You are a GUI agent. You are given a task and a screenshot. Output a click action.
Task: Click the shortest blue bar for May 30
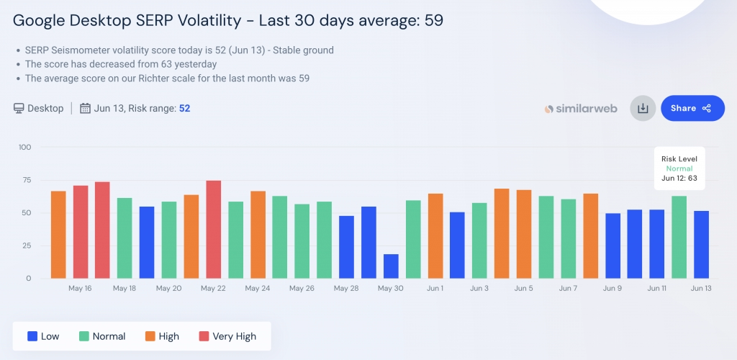tap(391, 266)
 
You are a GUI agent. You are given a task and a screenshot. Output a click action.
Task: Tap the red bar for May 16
tap(81, 232)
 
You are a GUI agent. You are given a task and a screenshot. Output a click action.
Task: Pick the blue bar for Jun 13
tap(701, 244)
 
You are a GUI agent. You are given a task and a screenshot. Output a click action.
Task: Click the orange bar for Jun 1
tap(435, 235)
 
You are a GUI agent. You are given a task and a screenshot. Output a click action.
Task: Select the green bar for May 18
tap(125, 238)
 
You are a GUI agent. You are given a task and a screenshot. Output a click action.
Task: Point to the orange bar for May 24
tap(258, 234)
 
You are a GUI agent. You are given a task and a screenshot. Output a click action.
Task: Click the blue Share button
tap(692, 108)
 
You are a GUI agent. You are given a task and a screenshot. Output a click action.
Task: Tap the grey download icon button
tap(643, 109)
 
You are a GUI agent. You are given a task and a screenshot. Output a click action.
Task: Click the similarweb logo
tap(580, 109)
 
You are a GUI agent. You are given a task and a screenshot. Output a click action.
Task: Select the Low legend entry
tap(42, 336)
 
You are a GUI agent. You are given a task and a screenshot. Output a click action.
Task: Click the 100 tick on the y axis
tap(24, 147)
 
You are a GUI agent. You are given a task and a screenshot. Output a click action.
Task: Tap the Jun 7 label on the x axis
tap(568, 289)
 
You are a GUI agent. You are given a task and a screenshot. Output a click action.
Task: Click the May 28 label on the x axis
tap(346, 289)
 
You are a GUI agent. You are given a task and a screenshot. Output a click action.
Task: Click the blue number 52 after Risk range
tap(184, 109)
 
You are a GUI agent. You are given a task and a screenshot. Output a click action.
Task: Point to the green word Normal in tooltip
tap(679, 168)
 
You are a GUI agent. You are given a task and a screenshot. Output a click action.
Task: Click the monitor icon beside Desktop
tap(19, 109)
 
